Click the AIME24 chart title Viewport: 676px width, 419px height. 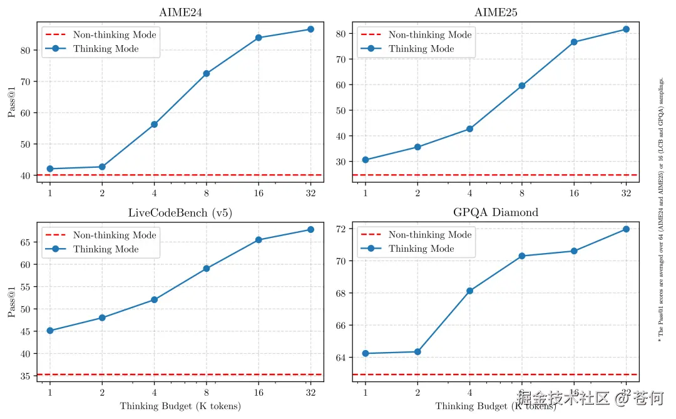(x=180, y=13)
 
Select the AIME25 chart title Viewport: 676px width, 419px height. (x=496, y=13)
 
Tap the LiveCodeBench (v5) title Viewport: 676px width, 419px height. (x=180, y=213)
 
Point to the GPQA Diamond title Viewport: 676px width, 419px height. (x=496, y=213)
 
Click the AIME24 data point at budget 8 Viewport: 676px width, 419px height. (x=206, y=73)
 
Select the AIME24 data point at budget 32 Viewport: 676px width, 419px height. (x=310, y=29)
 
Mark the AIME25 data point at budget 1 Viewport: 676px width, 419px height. (x=365, y=160)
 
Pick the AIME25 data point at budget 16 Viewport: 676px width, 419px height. (x=574, y=42)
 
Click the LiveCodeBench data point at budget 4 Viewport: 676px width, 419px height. (x=154, y=300)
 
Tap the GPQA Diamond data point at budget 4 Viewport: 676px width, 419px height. (x=469, y=291)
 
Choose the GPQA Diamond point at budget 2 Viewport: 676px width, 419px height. (x=417, y=352)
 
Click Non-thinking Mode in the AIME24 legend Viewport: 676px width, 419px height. (x=115, y=35)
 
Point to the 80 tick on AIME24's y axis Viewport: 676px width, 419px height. (x=28, y=50)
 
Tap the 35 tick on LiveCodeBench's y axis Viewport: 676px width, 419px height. (x=28, y=376)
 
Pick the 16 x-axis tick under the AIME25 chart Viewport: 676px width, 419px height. (x=574, y=193)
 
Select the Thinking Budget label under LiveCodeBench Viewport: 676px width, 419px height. (x=180, y=406)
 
